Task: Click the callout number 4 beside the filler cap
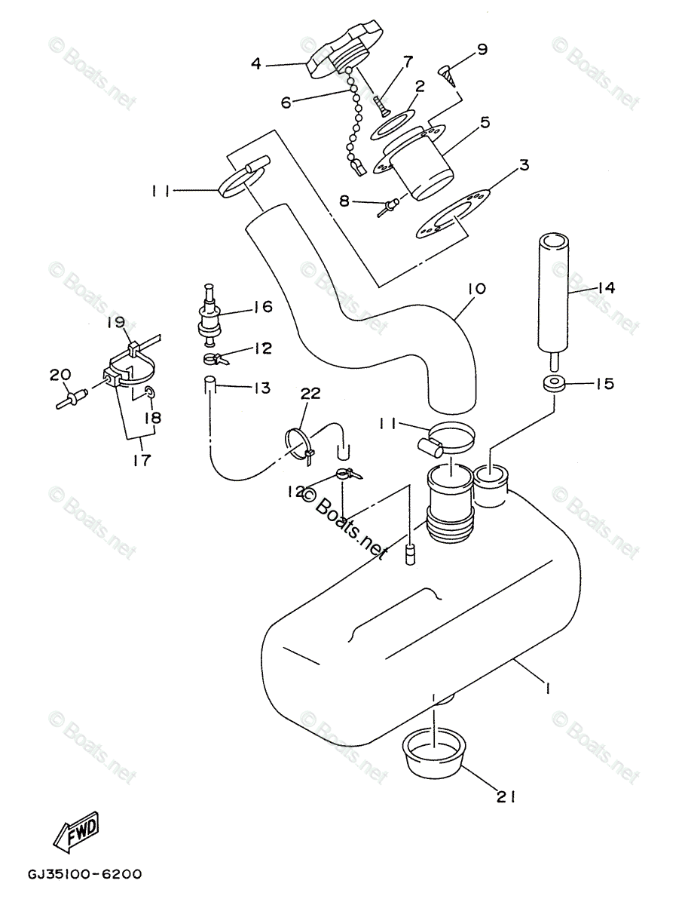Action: (x=256, y=64)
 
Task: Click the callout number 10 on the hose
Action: (x=477, y=289)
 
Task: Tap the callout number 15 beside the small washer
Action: (x=604, y=384)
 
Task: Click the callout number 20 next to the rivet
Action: (x=60, y=375)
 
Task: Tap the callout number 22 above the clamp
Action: (x=310, y=394)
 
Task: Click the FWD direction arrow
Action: (x=76, y=833)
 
